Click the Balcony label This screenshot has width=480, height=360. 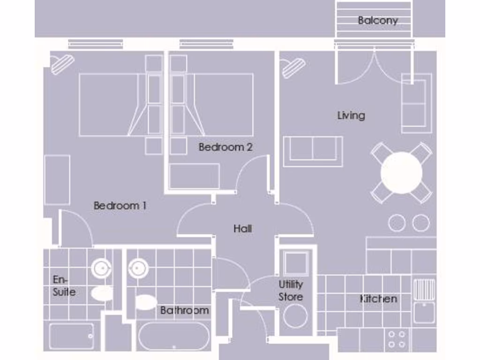click(378, 21)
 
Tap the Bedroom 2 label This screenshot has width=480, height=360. click(225, 147)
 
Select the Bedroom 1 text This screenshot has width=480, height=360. click(120, 205)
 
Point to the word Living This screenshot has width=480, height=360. click(351, 115)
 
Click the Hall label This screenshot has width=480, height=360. click(243, 229)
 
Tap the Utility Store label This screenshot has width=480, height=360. click(291, 291)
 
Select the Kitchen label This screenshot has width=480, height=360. click(378, 299)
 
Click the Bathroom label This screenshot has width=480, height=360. click(184, 310)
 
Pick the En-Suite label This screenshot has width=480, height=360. click(64, 286)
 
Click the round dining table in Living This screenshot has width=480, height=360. click(401, 173)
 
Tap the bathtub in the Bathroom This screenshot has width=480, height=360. click(174, 336)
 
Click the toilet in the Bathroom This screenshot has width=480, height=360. click(145, 302)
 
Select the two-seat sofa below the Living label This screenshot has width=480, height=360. click(313, 151)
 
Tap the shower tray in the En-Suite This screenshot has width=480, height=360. click(71, 336)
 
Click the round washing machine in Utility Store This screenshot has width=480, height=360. click(295, 316)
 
